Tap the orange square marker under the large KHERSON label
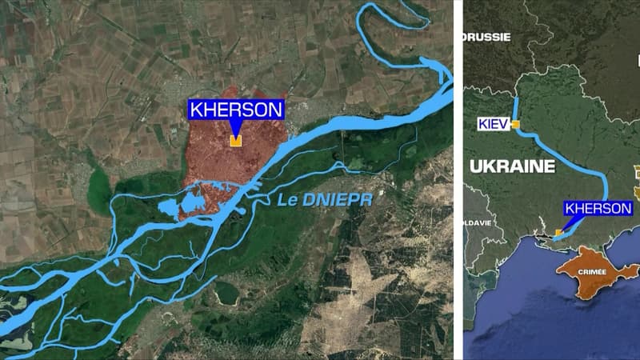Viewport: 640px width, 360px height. click(235, 141)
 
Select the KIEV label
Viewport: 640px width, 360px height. click(494, 124)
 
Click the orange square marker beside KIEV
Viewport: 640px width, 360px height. click(516, 125)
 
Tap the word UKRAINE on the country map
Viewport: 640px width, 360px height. click(512, 166)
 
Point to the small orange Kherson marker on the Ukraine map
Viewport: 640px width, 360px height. click(558, 233)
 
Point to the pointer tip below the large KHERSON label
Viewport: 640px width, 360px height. click(235, 132)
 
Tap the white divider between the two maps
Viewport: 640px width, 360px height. click(458, 180)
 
